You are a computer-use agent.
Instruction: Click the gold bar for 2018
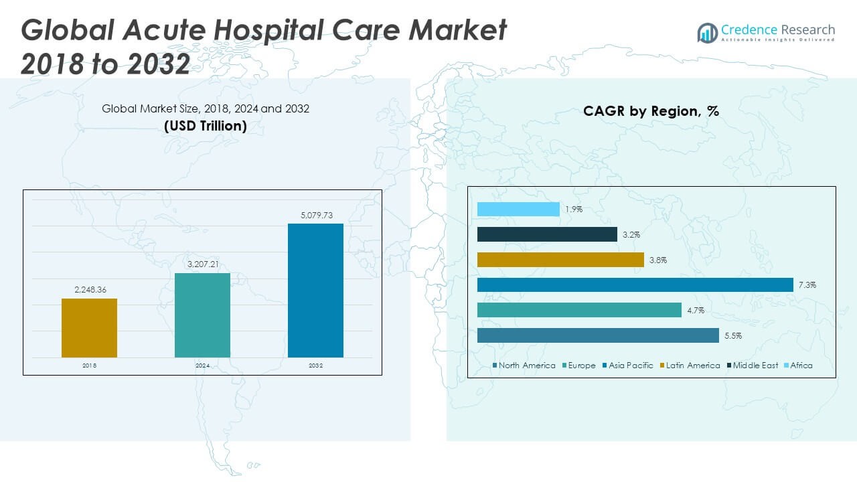point(89,327)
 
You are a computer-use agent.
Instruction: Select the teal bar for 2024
point(202,315)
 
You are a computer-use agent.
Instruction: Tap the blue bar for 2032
point(315,290)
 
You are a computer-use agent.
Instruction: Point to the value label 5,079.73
point(315,215)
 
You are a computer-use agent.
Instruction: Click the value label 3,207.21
point(202,264)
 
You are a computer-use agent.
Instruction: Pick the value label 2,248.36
point(89,290)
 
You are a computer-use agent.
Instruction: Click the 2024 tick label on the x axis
point(202,366)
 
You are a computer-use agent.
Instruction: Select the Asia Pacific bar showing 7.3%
point(635,285)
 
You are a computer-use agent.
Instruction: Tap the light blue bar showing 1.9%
point(518,210)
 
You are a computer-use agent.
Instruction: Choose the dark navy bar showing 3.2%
point(547,234)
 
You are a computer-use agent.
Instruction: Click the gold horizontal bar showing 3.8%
point(560,260)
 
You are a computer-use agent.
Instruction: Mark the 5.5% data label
point(733,336)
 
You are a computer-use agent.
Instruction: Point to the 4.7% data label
point(695,311)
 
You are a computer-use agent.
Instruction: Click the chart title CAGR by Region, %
point(651,111)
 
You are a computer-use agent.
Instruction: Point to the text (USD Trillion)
point(206,125)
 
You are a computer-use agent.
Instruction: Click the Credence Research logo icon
point(707,32)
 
